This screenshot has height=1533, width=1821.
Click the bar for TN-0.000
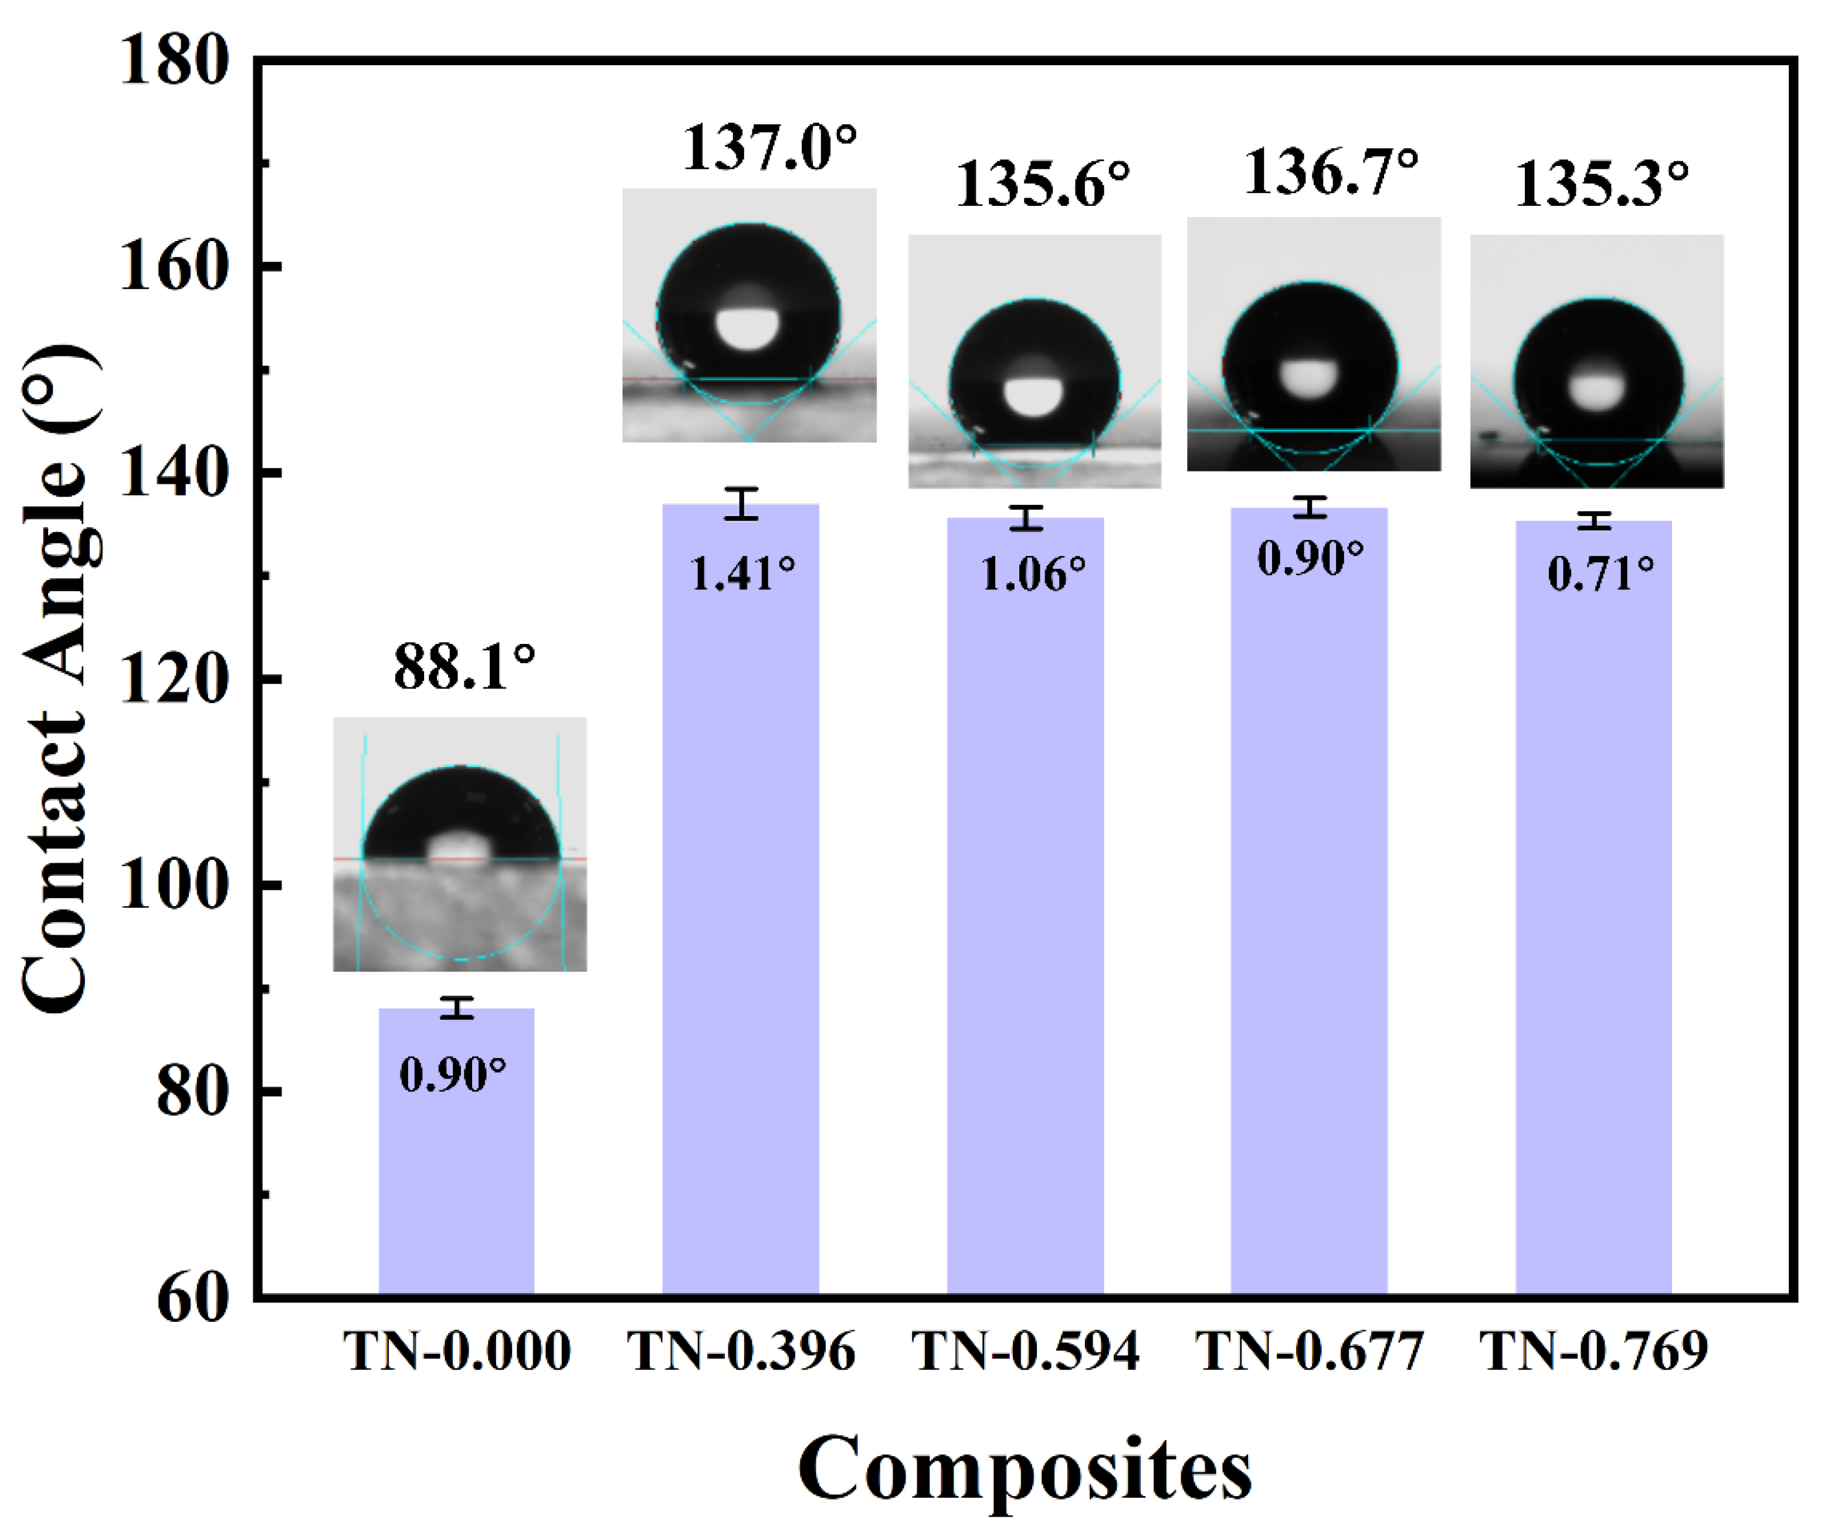click(x=456, y=1156)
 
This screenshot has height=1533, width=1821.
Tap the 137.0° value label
click(x=768, y=148)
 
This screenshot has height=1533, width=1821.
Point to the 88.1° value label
click(x=464, y=667)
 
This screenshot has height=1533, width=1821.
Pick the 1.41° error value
click(x=742, y=574)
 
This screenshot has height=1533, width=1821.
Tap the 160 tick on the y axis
click(x=174, y=267)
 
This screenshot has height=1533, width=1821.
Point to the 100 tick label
click(x=174, y=886)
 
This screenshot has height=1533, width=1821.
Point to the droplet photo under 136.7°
click(x=1313, y=344)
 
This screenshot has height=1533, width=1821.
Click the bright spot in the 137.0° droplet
click(x=748, y=328)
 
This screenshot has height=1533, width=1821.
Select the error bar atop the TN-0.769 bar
click(x=1595, y=521)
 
